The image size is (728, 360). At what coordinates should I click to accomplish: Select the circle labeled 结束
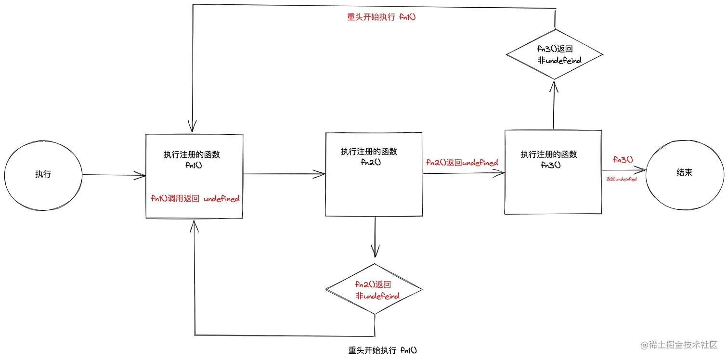[684, 172]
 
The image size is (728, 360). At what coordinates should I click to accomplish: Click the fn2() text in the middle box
[371, 162]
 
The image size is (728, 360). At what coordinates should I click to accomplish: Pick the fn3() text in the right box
[550, 165]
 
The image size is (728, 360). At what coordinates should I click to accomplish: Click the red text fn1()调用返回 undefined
[195, 199]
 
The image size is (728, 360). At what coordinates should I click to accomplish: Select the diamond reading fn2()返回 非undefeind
[374, 290]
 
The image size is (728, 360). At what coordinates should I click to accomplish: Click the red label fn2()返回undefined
[462, 163]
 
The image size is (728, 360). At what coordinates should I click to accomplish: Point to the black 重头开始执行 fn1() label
[382, 350]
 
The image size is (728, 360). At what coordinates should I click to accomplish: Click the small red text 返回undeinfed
[621, 179]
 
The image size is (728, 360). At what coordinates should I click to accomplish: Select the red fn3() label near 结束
[623, 160]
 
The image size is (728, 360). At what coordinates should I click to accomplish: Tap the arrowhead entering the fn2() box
[321, 174]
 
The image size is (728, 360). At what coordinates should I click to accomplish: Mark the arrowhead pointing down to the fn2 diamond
[375, 253]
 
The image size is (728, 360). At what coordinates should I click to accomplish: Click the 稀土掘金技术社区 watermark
[680, 345]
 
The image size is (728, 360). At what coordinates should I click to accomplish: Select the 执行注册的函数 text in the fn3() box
[548, 154]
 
